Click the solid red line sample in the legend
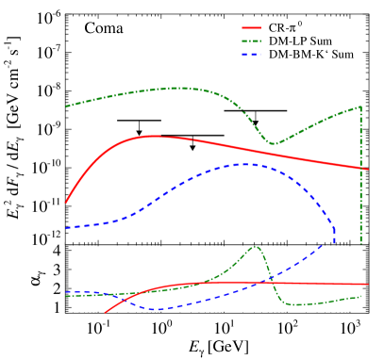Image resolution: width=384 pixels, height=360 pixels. tap(251, 28)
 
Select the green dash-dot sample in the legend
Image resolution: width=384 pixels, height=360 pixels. tap(251, 41)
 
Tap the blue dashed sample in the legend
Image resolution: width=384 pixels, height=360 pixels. tap(251, 55)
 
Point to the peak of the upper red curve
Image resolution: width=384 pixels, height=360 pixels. tap(151, 136)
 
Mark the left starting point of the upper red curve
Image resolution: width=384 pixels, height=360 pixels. tap(66, 203)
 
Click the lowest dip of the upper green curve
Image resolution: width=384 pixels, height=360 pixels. tap(275, 144)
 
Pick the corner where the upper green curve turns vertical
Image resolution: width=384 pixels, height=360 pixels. tap(360, 106)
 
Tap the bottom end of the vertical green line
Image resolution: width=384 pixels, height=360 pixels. tap(360, 244)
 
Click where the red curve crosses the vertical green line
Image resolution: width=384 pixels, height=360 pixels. tap(360, 168)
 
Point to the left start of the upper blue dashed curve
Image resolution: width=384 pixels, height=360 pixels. tap(66, 228)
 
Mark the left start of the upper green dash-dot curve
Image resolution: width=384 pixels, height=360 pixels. tap(66, 106)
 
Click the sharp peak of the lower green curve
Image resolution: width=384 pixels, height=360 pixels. tap(256, 247)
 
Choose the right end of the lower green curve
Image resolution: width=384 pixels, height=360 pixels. tap(361, 297)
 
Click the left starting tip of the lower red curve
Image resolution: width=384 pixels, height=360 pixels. tap(105, 312)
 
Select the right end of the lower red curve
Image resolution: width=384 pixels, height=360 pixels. tap(367, 284)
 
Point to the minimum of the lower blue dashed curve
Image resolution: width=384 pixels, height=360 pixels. tap(158, 309)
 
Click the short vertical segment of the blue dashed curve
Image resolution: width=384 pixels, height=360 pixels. tap(334, 236)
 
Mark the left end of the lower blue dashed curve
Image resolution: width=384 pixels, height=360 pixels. tap(66, 292)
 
